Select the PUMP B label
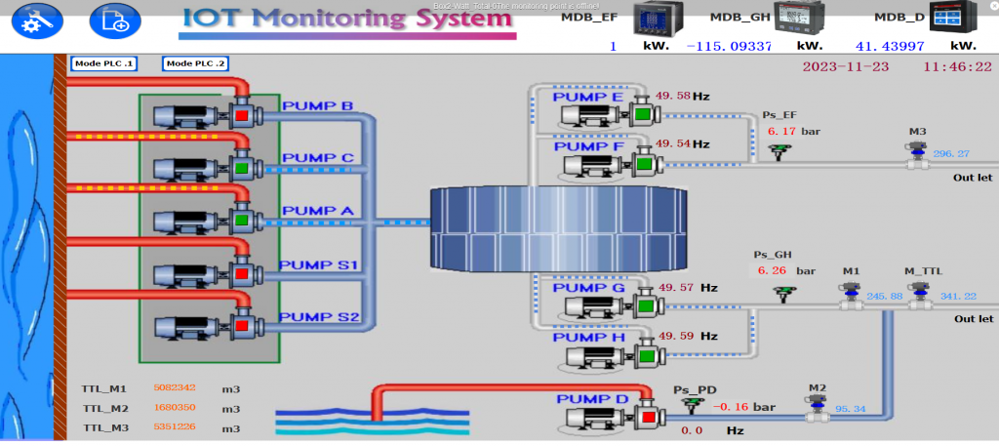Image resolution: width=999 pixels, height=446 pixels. tap(318, 105)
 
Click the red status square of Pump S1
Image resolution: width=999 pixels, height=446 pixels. tap(240, 271)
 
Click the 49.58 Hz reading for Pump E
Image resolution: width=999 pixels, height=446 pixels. tap(672, 97)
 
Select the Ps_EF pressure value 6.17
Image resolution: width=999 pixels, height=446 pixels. tap(781, 131)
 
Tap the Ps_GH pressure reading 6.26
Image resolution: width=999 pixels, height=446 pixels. tap(771, 271)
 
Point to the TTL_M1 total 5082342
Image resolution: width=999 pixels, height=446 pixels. tap(176, 388)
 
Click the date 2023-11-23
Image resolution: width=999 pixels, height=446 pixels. tap(846, 68)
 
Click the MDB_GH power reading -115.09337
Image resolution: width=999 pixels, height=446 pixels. tap(729, 46)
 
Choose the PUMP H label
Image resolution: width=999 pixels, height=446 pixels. tap(589, 338)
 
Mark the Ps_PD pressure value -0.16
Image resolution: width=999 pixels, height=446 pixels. tap(729, 406)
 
